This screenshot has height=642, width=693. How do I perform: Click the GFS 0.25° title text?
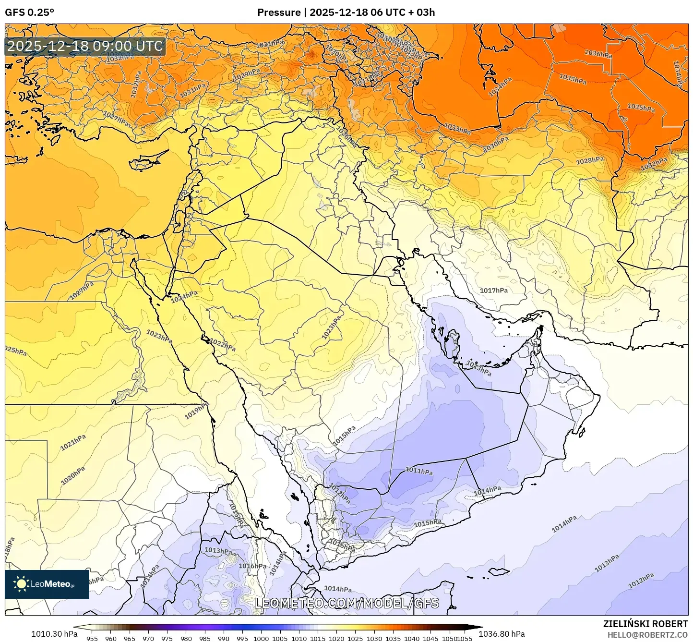pyautogui.click(x=29, y=12)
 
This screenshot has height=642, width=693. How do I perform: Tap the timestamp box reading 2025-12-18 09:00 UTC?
pyautogui.click(x=85, y=47)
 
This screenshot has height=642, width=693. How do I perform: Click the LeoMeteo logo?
pyautogui.click(x=47, y=584)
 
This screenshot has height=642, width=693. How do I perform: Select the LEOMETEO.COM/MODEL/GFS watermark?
pyautogui.click(x=346, y=603)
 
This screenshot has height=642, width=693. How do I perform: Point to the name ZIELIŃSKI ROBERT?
pyautogui.click(x=645, y=624)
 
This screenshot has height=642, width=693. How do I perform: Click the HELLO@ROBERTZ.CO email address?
pyautogui.click(x=647, y=635)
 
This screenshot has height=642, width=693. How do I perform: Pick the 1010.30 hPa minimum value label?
pyautogui.click(x=54, y=634)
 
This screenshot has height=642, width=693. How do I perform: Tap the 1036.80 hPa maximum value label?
pyautogui.click(x=502, y=634)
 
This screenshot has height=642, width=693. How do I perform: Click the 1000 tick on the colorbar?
pyautogui.click(x=261, y=639)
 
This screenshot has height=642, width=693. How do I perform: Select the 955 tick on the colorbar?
pyautogui.click(x=92, y=639)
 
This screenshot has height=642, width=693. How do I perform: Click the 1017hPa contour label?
pyautogui.click(x=493, y=291)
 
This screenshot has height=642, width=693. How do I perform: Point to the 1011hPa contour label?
pyautogui.click(x=419, y=471)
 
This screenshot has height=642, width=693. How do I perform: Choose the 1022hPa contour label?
pyautogui.click(x=223, y=345)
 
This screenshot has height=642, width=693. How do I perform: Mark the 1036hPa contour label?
pyautogui.click(x=598, y=54)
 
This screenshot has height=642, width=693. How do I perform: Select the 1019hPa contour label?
pyautogui.click(x=197, y=411)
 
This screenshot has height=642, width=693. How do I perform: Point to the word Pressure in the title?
pyautogui.click(x=279, y=12)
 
